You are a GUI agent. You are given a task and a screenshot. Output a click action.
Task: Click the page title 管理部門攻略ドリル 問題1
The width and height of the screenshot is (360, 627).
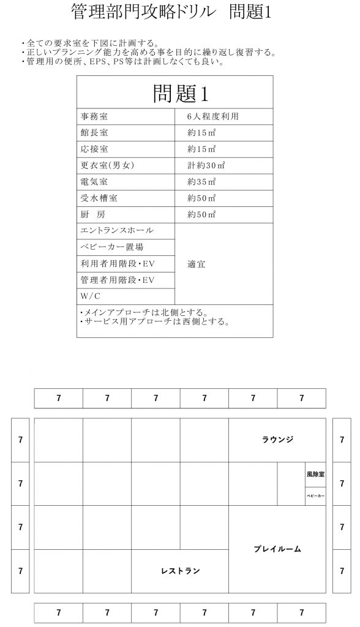[171, 13]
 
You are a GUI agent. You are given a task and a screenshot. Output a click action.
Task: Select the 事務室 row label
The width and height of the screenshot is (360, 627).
[94, 116]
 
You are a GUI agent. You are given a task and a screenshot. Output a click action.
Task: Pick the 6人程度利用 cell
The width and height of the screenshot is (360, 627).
[212, 116]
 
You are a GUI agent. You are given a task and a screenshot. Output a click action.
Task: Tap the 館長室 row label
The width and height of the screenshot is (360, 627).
[94, 132]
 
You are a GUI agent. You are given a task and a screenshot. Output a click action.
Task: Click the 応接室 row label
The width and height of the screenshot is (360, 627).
[94, 149]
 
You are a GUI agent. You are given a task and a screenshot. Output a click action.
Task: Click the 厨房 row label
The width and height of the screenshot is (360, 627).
[94, 215]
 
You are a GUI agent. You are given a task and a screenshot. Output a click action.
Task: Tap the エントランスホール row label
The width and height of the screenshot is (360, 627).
[116, 231]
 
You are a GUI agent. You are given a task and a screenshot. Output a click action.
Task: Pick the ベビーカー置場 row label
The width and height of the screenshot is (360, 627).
[111, 247]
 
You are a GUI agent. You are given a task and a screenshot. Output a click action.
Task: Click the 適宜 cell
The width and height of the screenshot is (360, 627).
[197, 264]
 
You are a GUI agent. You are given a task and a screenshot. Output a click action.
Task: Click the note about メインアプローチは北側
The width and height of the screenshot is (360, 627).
[144, 312]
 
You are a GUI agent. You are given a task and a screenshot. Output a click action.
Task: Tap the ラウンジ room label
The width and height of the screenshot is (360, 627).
[277, 440]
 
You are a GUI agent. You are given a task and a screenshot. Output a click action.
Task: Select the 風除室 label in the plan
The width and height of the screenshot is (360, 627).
[315, 474]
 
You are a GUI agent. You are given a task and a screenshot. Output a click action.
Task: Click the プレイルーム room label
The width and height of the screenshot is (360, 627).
[277, 549]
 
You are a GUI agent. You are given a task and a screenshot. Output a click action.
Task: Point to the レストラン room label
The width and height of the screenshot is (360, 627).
[180, 571]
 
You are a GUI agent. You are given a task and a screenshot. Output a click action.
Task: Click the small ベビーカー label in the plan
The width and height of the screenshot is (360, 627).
[315, 495]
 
